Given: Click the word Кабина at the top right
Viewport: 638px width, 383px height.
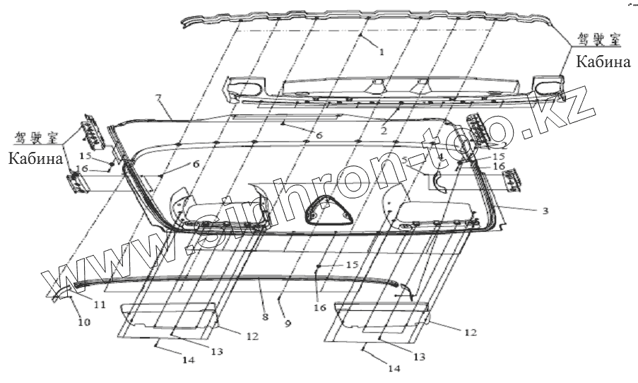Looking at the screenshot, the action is [602, 62].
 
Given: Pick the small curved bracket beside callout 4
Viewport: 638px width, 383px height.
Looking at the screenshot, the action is [440, 181].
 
